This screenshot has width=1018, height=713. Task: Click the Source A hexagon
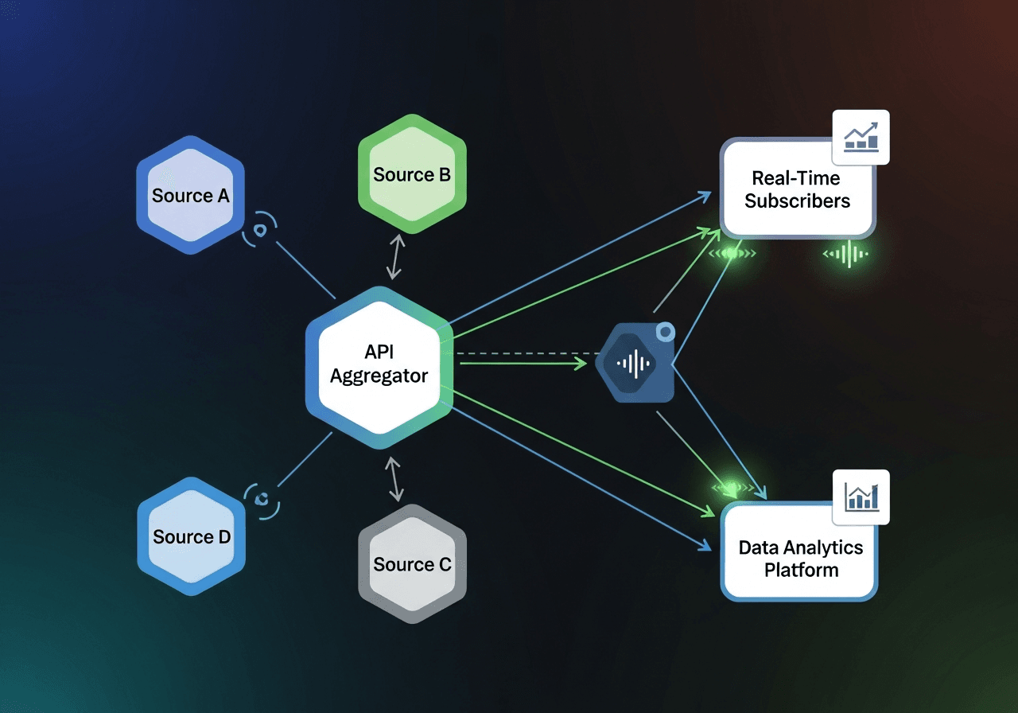[x=190, y=196]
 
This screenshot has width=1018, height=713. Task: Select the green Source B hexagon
[x=412, y=174]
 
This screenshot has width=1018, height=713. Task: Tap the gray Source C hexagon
[x=412, y=564]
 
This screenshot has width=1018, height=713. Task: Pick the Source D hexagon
[x=191, y=537]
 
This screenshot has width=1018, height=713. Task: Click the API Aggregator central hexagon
[x=379, y=364]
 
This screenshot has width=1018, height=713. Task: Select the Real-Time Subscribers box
[x=797, y=189]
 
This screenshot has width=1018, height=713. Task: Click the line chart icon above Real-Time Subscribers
[x=861, y=137]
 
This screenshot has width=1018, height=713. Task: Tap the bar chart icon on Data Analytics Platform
[x=861, y=497]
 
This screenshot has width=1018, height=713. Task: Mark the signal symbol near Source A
[x=260, y=231]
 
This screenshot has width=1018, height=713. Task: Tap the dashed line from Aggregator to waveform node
[x=525, y=353]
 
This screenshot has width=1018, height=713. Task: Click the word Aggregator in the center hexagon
[x=379, y=376]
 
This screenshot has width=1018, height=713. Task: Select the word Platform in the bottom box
[x=801, y=571]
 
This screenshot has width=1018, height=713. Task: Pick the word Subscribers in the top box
[x=797, y=201]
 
